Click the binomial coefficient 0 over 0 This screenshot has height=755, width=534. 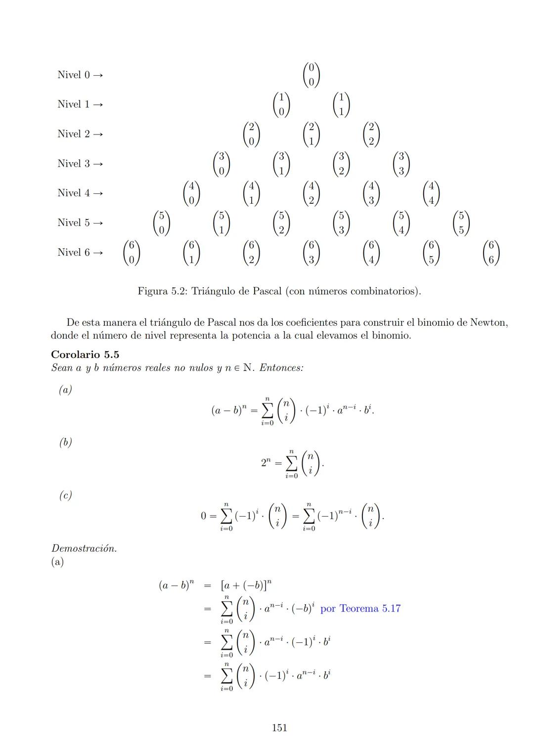(x=311, y=75)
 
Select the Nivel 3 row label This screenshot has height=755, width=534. (x=74, y=164)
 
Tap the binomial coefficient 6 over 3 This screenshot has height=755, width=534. (x=311, y=253)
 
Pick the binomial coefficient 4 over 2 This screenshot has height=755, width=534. (x=311, y=193)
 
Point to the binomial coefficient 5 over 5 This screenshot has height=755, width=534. (x=461, y=223)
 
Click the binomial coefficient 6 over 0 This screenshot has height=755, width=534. (x=132, y=253)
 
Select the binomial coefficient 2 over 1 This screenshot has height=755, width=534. (x=311, y=134)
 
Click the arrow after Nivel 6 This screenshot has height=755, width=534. (x=98, y=253)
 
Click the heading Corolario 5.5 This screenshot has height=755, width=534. (x=85, y=355)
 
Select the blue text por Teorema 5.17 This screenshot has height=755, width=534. (x=360, y=609)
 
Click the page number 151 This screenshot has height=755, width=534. (x=279, y=728)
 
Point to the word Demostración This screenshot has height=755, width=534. (x=84, y=548)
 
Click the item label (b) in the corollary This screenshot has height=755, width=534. (x=65, y=443)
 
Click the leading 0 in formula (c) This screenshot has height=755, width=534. (x=203, y=516)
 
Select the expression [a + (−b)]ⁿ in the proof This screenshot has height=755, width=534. (x=246, y=586)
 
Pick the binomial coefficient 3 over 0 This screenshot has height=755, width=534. (x=222, y=164)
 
